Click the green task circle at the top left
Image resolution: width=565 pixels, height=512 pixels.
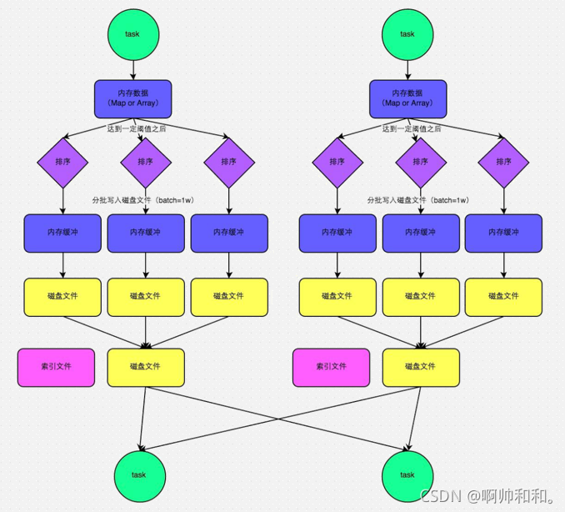pos(132,34)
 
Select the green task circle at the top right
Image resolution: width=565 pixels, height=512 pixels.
pos(407,34)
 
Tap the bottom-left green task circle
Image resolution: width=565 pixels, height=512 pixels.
pos(138,474)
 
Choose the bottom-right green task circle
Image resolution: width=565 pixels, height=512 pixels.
pos(407,474)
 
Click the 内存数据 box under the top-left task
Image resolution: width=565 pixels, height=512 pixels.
pos(132,98)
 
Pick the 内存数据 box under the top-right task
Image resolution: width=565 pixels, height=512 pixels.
pos(407,98)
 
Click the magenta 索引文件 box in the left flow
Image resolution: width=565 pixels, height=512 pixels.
pos(56,367)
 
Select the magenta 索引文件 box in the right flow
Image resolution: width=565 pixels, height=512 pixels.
pos(331,367)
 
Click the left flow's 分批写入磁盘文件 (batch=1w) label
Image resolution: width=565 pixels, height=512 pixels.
pos(142,200)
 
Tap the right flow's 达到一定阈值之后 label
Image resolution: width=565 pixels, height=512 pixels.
pos(412,129)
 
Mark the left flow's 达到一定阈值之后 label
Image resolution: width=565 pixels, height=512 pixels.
pos(137,129)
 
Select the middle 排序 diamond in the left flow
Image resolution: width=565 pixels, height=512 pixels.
pos(146,162)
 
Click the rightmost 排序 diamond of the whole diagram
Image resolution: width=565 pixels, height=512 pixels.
pos(503,162)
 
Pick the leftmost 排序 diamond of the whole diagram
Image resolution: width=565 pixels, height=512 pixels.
pos(63,162)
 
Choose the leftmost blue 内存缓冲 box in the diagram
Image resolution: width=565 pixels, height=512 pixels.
pos(63,233)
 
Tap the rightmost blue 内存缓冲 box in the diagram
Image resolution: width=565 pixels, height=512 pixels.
pos(503,233)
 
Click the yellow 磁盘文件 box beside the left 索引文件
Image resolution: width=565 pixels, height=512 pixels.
pos(146,367)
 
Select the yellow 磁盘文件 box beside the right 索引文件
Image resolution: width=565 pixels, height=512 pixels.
pos(421,367)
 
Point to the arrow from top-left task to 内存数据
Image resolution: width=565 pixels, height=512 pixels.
pos(132,69)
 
